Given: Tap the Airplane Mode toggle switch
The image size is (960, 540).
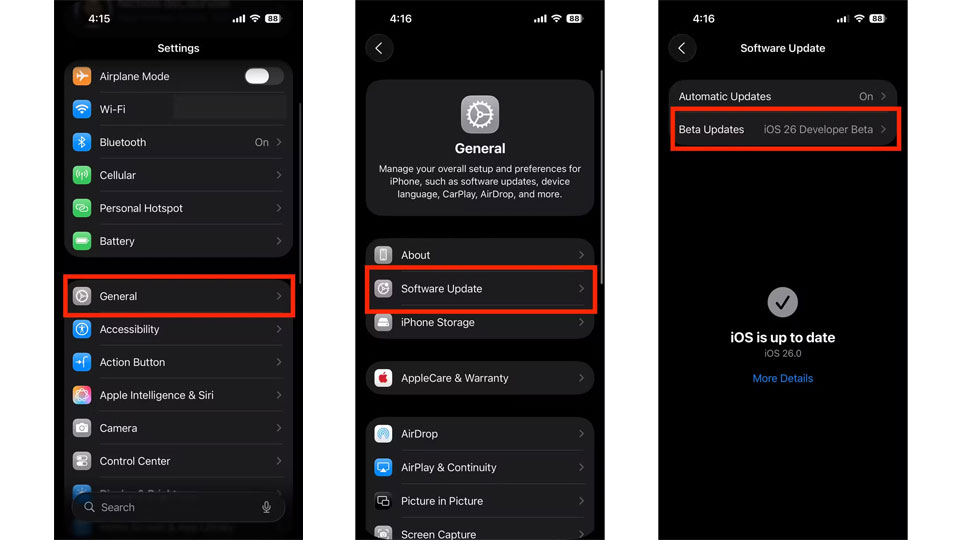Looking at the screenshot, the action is click(264, 76).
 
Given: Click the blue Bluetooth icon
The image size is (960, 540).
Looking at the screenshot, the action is click(82, 142).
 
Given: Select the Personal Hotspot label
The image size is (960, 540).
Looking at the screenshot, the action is click(141, 208).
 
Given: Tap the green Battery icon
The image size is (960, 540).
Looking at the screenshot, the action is click(82, 241).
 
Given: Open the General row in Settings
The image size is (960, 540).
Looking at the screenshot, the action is click(179, 296).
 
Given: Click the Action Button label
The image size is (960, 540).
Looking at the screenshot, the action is click(132, 362).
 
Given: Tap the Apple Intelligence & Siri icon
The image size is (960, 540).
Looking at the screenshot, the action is click(82, 395).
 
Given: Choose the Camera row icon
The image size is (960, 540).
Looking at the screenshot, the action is click(82, 428).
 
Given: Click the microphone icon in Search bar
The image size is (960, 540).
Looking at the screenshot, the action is click(266, 508).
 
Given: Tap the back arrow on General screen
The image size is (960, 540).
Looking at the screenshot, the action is click(380, 48).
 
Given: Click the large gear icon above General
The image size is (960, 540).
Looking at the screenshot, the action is click(480, 114).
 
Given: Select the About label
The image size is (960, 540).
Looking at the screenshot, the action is click(415, 255).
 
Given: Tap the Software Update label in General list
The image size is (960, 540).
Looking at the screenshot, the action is click(441, 288).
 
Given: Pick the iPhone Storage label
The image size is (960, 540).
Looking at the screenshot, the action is click(438, 322).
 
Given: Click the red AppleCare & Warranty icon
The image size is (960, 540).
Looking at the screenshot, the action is click(383, 378).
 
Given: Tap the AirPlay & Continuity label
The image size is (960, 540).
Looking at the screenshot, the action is click(449, 467).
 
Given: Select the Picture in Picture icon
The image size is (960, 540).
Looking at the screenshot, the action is click(383, 501).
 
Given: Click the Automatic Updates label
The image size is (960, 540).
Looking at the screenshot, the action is click(724, 96).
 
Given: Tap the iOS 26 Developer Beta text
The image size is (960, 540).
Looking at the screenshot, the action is click(818, 129).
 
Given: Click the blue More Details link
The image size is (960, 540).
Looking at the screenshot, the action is click(782, 378).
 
